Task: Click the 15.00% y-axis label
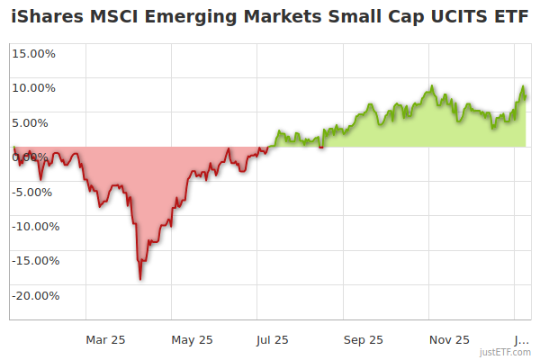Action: point(33,53)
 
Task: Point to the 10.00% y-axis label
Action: point(33,87)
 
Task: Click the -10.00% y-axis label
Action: point(32,226)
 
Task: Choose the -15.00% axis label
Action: point(32,261)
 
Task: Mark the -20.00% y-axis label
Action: point(32,295)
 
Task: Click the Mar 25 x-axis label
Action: point(105,339)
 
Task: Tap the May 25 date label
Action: point(192,339)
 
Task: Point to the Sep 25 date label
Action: point(363,339)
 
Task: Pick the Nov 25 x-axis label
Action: point(449,339)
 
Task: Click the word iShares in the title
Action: point(46,16)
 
